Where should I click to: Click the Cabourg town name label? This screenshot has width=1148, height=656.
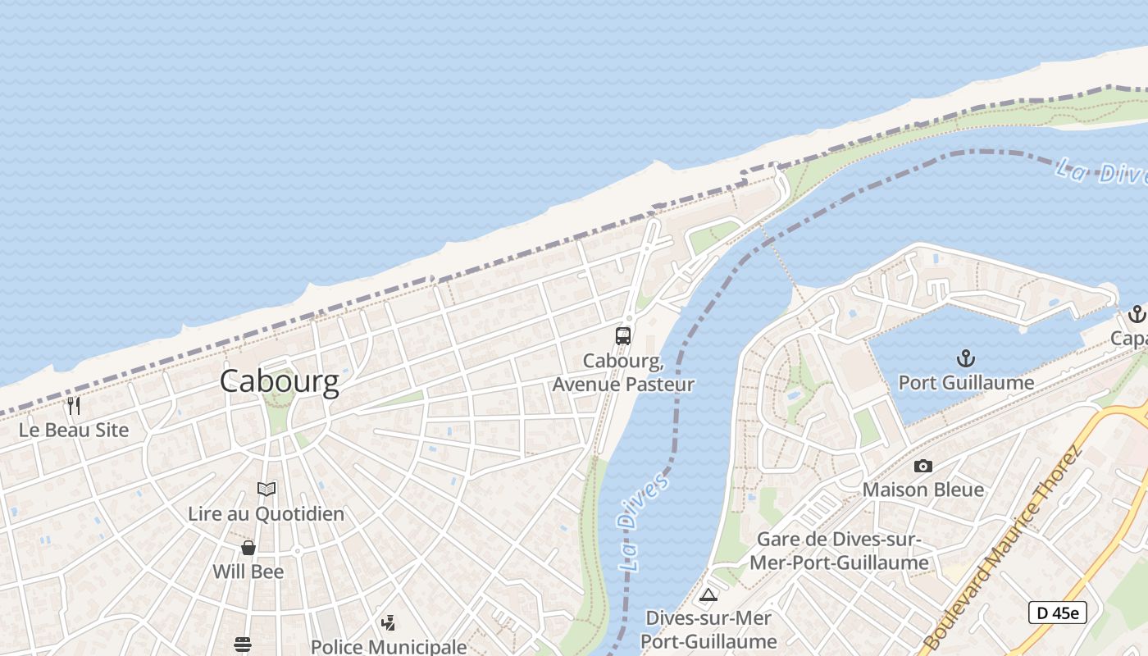coord(279,381)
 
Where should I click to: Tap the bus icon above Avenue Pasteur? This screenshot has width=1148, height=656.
coord(623,335)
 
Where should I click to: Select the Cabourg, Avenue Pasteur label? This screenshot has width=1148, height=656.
coord(623,372)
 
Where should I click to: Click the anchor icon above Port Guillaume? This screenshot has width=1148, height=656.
coord(966,358)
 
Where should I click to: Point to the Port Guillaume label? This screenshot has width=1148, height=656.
coord(966,383)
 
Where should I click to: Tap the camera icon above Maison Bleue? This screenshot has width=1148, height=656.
coord(923,466)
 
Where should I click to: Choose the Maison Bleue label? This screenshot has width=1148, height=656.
coord(923,490)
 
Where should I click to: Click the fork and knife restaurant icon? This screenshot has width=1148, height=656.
coord(74,405)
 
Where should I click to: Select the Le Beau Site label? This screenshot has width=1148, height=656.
coord(75,430)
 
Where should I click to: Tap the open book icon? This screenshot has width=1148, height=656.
coord(266,490)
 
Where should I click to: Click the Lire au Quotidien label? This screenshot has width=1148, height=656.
coord(266,514)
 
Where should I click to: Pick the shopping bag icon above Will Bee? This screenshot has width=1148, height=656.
coord(248,547)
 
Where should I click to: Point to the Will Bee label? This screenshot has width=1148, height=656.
coord(248,572)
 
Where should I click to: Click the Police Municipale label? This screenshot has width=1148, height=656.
coord(389,647)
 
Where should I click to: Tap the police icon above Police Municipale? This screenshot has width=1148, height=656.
coord(389,623)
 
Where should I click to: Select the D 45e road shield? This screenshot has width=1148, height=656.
coord(1058,613)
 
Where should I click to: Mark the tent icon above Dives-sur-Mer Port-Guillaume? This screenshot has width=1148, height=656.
coord(708,594)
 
